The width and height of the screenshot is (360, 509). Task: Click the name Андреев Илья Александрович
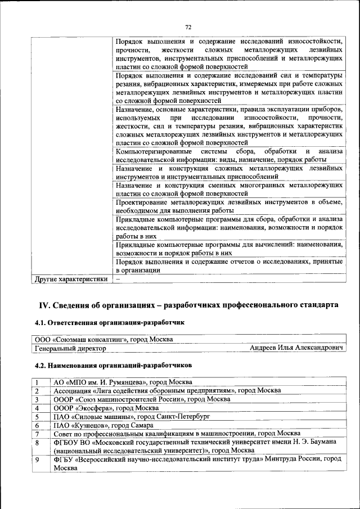[x=297, y=348]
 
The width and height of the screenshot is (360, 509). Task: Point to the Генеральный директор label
[x=70, y=349]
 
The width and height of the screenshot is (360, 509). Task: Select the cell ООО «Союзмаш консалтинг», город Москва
[x=103, y=339]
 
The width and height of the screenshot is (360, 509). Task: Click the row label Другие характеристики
[x=70, y=278]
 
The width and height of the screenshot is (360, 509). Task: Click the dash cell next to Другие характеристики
[x=118, y=278]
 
